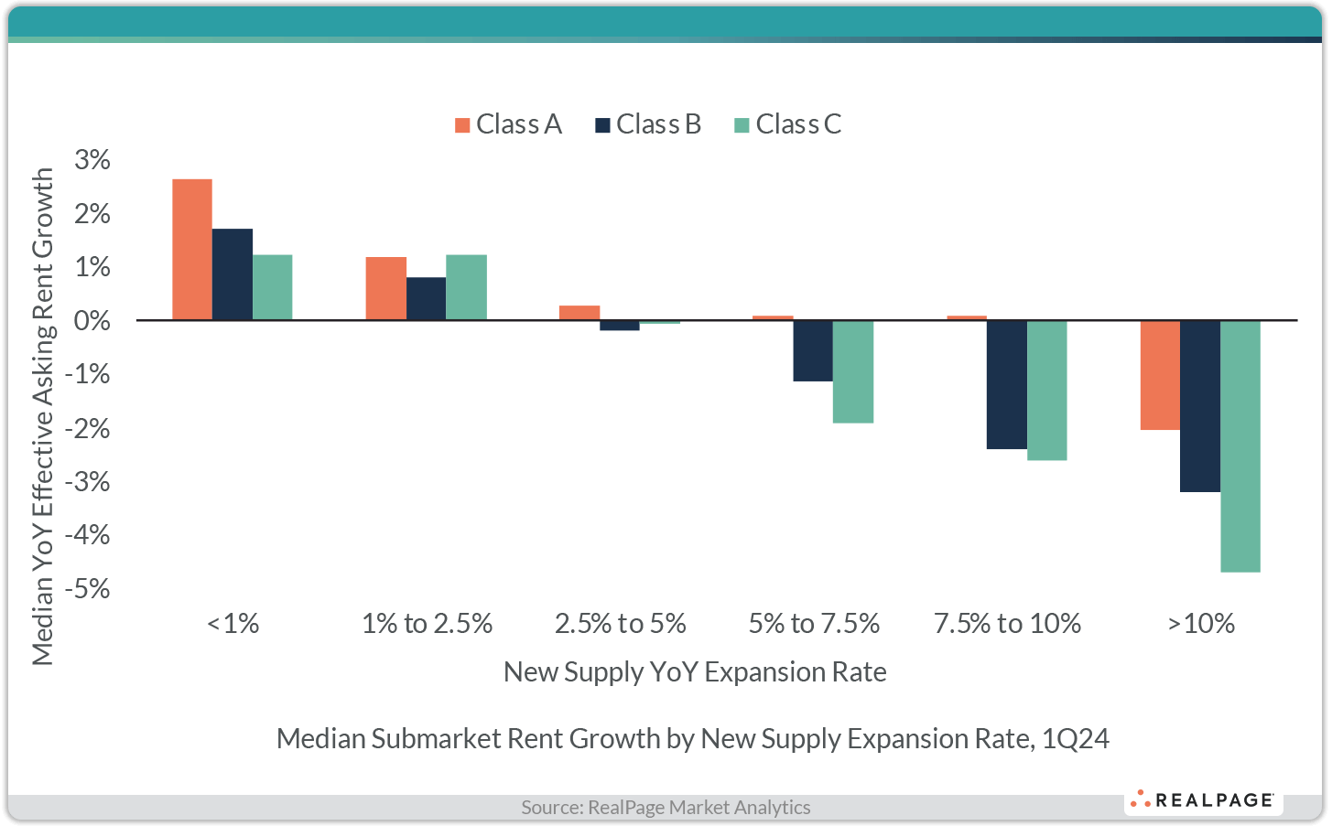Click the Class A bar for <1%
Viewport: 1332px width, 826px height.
tap(192, 250)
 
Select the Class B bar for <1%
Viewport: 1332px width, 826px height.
tap(233, 274)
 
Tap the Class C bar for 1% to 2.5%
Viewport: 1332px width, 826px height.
tap(466, 287)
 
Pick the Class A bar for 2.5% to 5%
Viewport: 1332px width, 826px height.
tap(579, 313)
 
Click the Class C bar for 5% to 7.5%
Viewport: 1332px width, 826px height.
tap(853, 371)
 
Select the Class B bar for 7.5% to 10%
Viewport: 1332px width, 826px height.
tap(1006, 384)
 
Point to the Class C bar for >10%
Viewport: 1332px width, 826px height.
tap(1240, 445)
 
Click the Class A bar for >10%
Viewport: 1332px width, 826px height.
tap(1160, 375)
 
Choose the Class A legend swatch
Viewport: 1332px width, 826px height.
tap(462, 125)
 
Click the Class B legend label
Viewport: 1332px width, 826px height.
tap(658, 124)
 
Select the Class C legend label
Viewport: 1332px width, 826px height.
tap(798, 124)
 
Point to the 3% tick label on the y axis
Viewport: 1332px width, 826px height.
tap(92, 160)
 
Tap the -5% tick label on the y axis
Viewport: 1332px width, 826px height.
tap(88, 588)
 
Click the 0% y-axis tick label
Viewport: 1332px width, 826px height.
tap(92, 321)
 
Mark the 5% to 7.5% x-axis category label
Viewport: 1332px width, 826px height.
tap(814, 624)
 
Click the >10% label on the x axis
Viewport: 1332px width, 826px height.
tap(1201, 624)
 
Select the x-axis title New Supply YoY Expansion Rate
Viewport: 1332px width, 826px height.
tap(695, 672)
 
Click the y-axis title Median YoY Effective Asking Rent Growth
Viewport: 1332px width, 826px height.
tap(43, 416)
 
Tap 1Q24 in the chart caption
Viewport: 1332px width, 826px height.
tap(1076, 739)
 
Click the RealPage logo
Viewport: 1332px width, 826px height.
tap(1203, 800)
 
